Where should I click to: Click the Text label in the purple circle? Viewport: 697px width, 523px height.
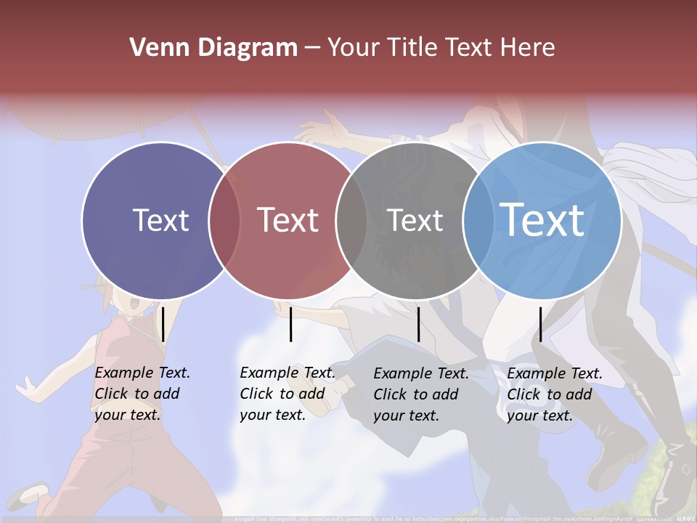160,220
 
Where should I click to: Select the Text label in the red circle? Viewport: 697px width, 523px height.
288,220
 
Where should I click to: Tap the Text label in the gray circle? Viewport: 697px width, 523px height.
415,220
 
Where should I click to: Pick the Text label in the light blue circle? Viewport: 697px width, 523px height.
542,220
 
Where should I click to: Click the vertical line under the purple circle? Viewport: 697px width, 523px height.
163,324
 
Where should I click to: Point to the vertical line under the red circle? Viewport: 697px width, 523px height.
290,324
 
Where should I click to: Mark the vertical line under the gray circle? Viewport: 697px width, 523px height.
418,324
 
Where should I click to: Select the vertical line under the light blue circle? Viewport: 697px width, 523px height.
540,324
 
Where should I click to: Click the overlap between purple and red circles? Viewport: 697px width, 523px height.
224,220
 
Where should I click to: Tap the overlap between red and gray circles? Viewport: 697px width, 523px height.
351,220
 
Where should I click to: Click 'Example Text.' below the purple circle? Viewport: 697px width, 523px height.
142,373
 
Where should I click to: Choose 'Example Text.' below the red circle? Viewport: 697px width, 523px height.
288,373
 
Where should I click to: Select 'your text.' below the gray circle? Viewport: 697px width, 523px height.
407,415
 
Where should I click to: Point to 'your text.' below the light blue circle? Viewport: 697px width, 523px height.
540,415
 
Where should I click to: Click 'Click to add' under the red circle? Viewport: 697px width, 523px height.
282,394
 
